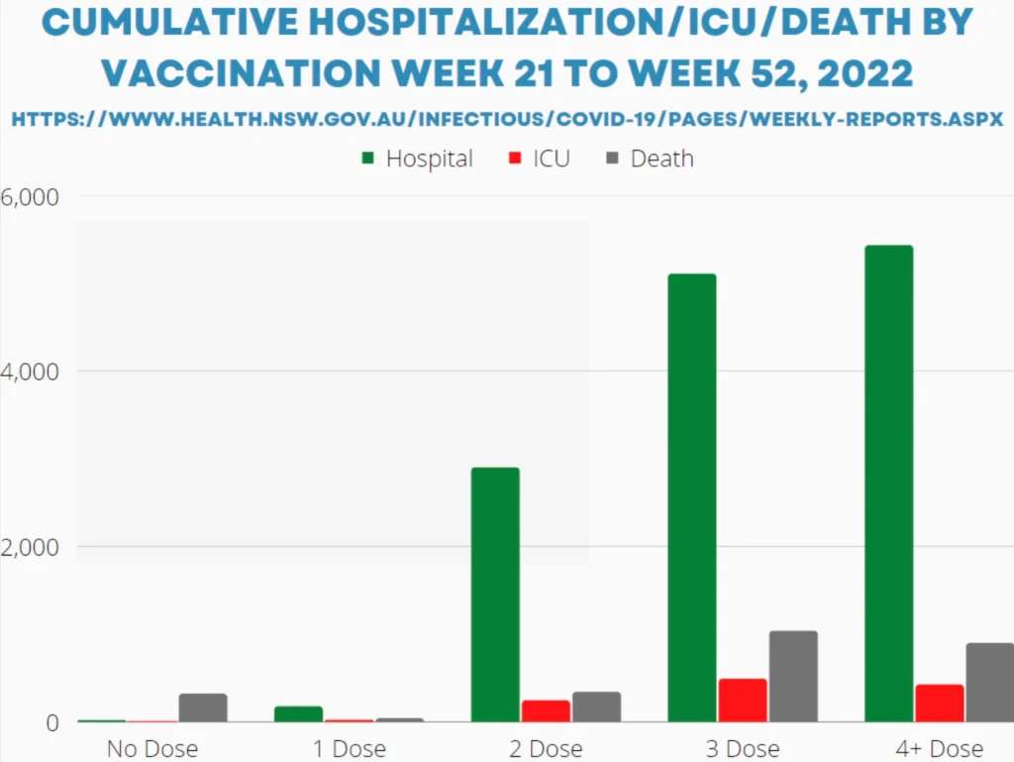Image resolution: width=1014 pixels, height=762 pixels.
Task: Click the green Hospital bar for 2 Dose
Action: point(495,595)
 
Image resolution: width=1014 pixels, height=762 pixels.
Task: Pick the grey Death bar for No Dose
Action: point(203,708)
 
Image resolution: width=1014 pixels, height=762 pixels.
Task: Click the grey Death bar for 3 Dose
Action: point(793,677)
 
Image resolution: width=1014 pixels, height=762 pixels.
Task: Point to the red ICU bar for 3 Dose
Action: point(743,701)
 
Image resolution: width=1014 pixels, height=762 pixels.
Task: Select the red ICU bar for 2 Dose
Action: point(546,711)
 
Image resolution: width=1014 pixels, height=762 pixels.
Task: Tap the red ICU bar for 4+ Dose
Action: point(940,704)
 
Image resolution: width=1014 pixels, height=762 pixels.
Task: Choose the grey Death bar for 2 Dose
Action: point(596,707)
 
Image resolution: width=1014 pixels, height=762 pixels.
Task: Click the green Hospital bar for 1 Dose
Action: point(299,713)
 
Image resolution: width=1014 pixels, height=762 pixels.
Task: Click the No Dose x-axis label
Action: point(152,749)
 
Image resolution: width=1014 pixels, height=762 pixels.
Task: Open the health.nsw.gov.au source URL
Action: point(507,119)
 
